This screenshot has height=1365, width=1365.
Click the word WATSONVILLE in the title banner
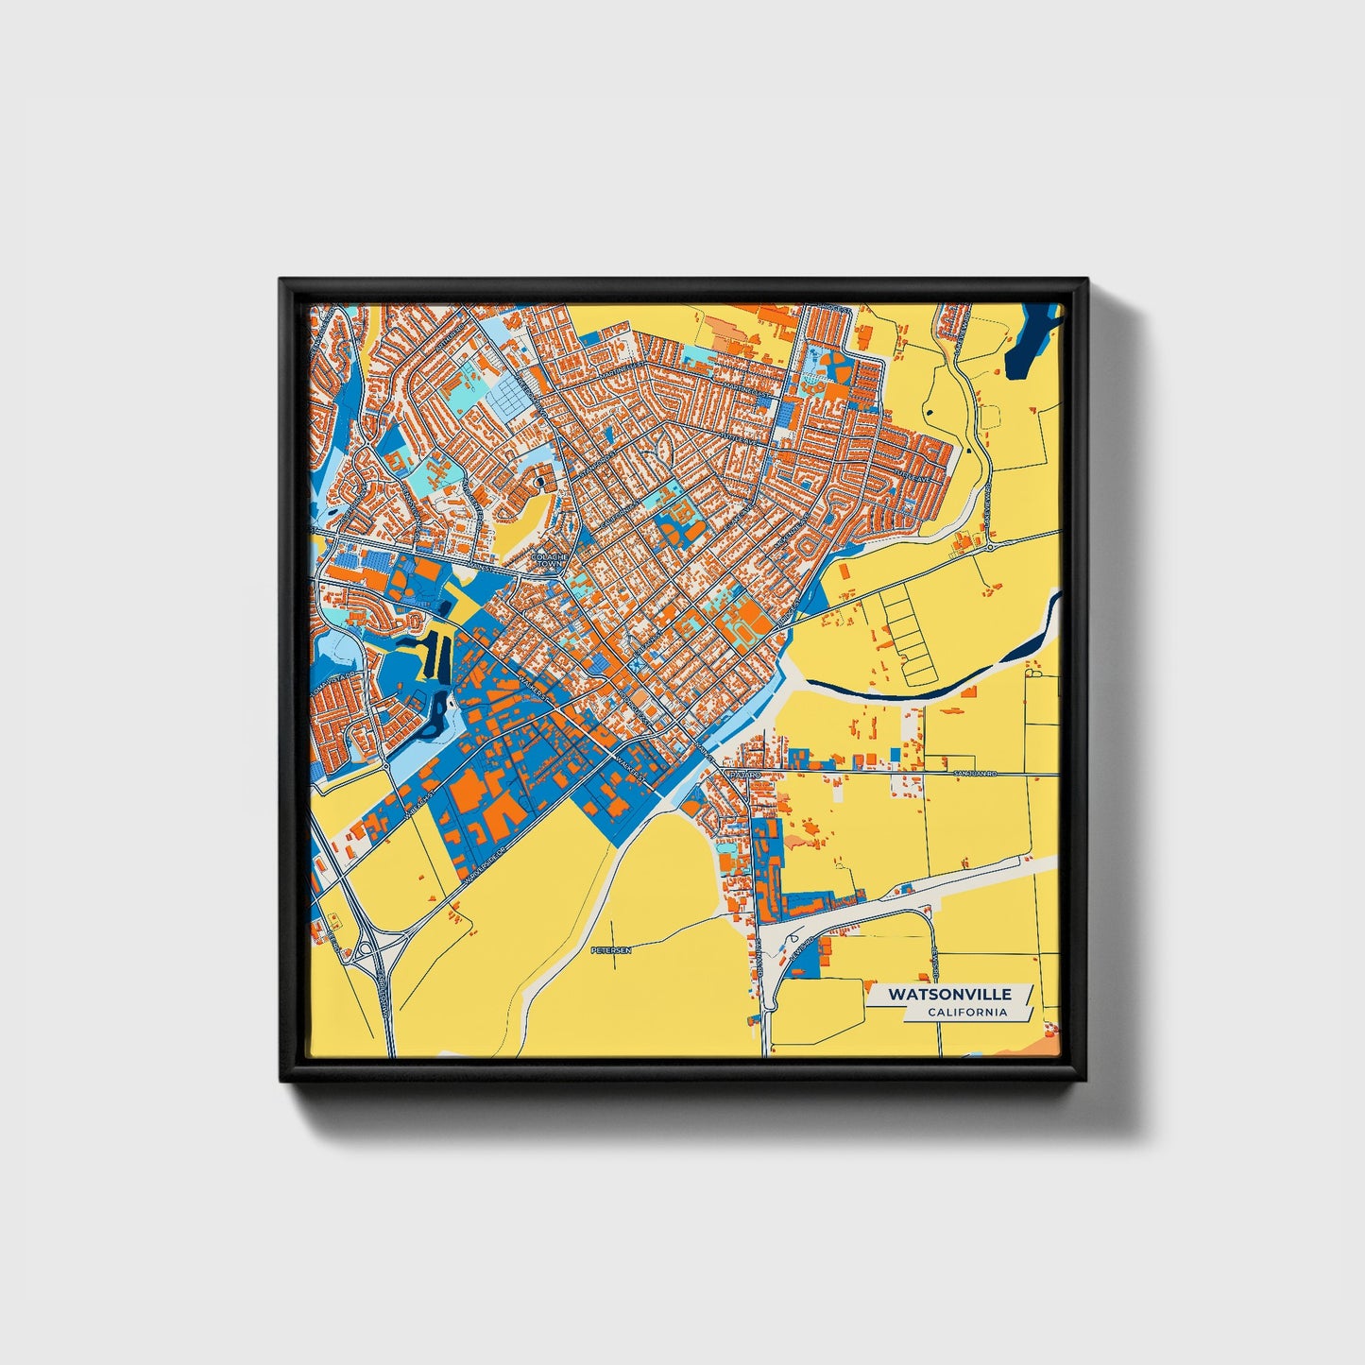(948, 995)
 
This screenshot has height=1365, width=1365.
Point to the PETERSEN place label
(609, 948)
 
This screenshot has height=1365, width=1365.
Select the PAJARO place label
(743, 774)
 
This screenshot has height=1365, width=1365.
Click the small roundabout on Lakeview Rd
(988, 546)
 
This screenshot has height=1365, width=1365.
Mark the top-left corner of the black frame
(282, 282)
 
